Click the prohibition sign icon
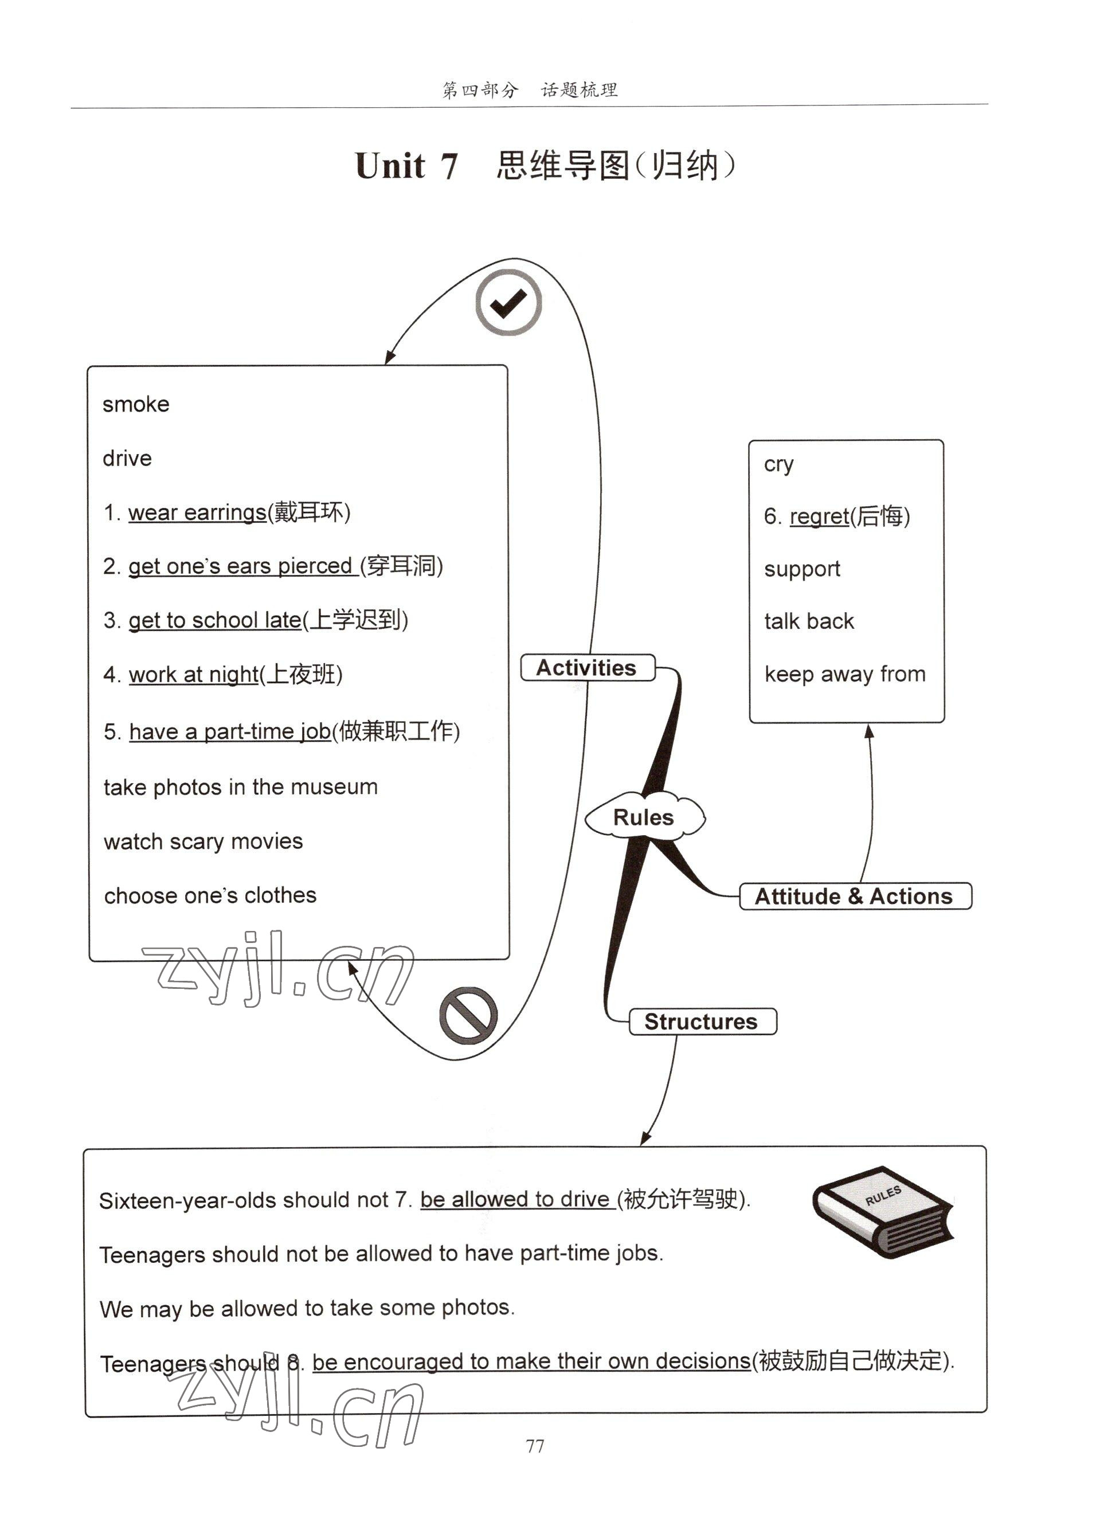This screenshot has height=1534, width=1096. click(468, 1015)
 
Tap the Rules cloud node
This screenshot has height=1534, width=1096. click(644, 817)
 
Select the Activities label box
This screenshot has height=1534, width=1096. click(587, 667)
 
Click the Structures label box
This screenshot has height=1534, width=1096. click(702, 1021)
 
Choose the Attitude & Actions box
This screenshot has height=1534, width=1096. click(855, 896)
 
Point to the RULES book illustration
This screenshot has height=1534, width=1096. click(883, 1211)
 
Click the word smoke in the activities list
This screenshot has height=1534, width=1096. click(136, 404)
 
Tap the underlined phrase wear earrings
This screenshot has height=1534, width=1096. click(197, 512)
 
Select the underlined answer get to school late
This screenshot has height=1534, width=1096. click(214, 620)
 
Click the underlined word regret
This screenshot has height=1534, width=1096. click(819, 516)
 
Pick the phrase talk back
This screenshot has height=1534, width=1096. click(808, 621)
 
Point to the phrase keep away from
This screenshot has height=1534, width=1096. click(844, 674)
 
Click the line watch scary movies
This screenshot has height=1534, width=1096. click(203, 842)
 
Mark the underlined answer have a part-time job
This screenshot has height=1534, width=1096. click(229, 731)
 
